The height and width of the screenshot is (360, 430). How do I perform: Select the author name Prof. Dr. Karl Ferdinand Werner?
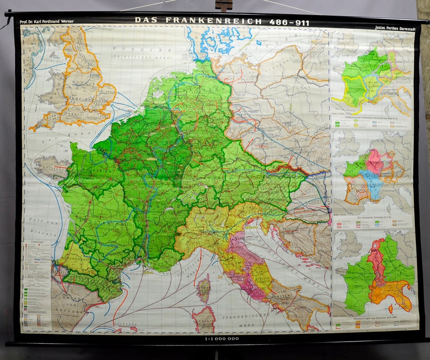tap(47, 22)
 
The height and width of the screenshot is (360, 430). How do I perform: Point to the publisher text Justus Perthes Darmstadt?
tap(394, 26)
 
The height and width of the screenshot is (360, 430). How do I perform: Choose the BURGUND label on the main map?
tap(162, 206)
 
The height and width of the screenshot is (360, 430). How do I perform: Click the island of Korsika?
tap(204, 287)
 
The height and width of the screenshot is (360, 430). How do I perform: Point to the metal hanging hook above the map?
tap(222, 6)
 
